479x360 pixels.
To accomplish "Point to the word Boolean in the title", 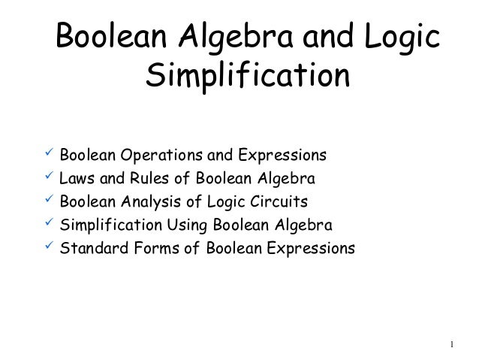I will tap(112, 37).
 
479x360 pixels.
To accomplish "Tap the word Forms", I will tap(151, 248).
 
